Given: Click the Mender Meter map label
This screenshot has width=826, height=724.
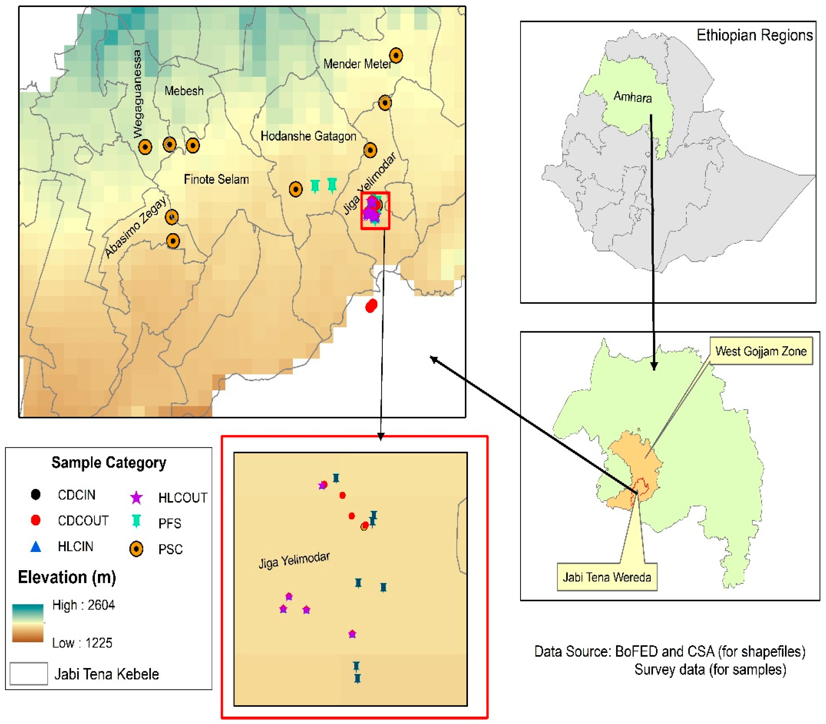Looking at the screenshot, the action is tap(357, 64).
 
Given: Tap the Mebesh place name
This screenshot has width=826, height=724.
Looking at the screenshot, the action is tap(184, 91).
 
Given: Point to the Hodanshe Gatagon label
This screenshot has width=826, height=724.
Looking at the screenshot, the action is tap(308, 136).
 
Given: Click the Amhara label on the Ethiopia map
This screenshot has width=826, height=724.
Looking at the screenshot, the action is tap(632, 97).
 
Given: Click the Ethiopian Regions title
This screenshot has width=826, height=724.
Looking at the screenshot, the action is tap(755, 35).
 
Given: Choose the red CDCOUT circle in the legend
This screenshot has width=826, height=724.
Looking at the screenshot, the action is tap(35, 520).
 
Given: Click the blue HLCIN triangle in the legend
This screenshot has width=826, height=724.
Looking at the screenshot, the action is tap(35, 547).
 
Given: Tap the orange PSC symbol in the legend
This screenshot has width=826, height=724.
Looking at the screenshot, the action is tap(136, 549).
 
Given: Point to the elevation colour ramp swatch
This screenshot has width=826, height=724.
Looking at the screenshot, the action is tap(28, 623).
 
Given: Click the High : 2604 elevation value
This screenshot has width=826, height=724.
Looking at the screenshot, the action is tap(84, 605).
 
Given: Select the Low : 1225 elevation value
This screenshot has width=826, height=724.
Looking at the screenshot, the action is tap(82, 642).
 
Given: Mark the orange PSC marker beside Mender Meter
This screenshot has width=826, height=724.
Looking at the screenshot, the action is tap(396, 55).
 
